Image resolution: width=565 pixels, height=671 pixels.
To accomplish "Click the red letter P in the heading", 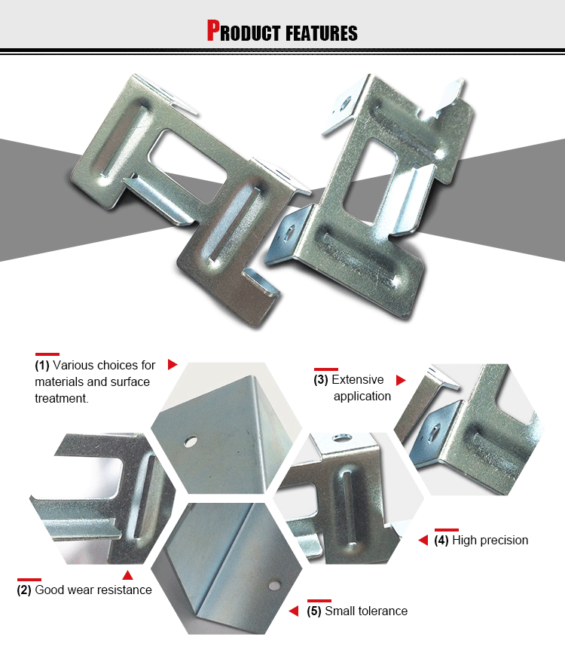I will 213,31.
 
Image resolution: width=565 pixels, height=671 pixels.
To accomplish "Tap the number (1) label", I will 42,366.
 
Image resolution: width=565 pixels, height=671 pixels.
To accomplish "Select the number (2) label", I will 24,590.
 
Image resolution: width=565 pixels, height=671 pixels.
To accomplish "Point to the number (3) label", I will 321,380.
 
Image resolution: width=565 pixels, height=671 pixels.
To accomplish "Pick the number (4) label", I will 441,541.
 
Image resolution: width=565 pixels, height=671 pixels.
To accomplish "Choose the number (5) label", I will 314,611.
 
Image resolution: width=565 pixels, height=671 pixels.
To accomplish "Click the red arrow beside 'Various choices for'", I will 172,365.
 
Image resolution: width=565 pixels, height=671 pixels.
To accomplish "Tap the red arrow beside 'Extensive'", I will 401,380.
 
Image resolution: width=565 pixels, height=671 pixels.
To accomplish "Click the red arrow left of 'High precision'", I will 423,541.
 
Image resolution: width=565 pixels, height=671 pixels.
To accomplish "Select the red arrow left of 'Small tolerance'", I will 294,611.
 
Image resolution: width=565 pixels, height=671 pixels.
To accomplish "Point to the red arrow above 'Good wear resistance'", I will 127,576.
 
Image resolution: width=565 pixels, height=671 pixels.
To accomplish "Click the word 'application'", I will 362,397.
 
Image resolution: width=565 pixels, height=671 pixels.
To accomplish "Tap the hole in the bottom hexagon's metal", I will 274,584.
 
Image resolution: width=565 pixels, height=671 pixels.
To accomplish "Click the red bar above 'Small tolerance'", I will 319,600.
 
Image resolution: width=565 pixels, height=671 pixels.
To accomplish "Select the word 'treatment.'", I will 62,398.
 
